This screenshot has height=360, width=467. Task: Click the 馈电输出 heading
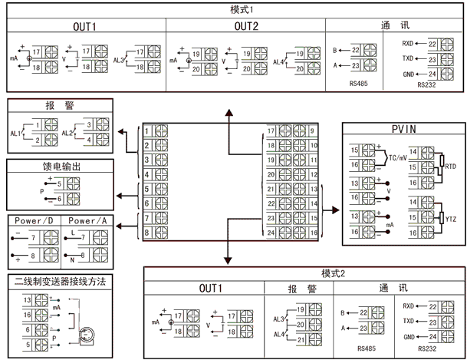(x=58, y=166)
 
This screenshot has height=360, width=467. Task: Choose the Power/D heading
(x=33, y=220)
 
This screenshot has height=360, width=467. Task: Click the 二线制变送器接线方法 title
(x=59, y=282)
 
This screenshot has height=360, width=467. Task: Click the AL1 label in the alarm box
(x=15, y=133)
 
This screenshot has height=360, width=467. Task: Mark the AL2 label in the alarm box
(x=66, y=133)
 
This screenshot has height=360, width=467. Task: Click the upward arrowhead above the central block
(x=228, y=112)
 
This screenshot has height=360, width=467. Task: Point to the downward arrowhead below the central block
(x=228, y=259)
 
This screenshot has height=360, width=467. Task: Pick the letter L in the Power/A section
(x=71, y=232)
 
